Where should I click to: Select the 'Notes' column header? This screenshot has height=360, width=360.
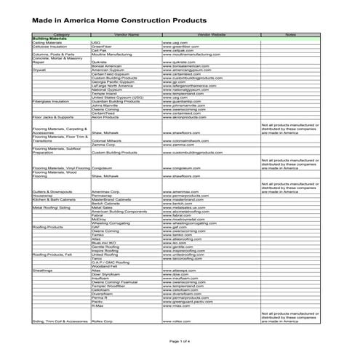click(x=289, y=34)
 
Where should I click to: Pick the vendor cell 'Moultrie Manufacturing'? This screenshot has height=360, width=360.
click(x=111, y=55)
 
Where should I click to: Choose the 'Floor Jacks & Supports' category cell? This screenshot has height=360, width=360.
click(x=52, y=117)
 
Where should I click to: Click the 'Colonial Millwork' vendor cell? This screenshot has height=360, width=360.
click(x=108, y=141)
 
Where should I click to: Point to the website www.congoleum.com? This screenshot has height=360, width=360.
click(x=181, y=168)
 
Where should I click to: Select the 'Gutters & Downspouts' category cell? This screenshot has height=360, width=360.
click(x=51, y=191)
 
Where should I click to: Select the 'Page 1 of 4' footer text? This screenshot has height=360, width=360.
click(x=180, y=340)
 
